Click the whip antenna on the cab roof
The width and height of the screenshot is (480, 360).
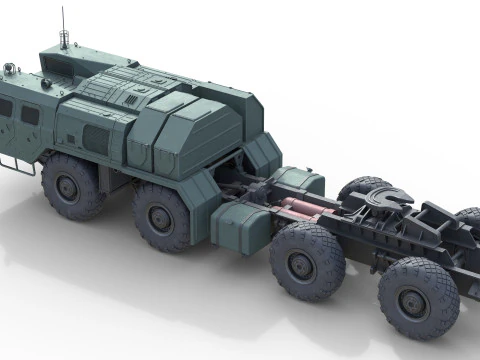64,25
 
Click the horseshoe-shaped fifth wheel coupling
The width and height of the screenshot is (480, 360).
384,203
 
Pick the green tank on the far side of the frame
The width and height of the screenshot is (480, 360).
300,180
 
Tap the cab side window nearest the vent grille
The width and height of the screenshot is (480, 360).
30,115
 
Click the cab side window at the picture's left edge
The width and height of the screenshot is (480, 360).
5,107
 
